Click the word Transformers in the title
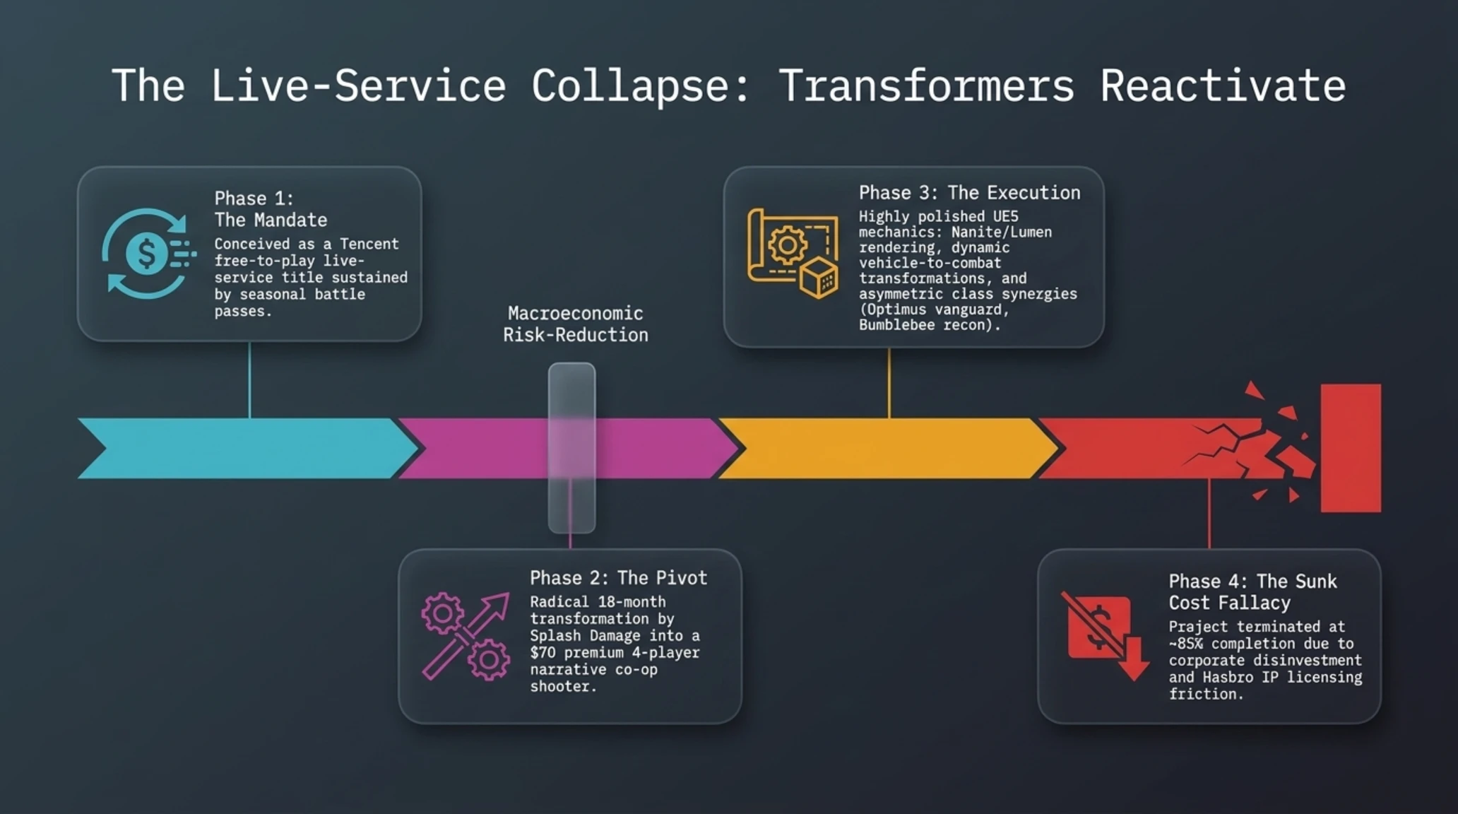926,86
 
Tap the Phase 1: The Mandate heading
271,209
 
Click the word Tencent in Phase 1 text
369,244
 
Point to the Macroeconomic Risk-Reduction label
575,324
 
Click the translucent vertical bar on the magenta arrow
571,448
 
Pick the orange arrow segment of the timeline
889,448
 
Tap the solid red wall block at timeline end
1351,448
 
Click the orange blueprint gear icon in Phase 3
793,253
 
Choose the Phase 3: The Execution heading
969,193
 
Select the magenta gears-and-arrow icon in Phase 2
466,636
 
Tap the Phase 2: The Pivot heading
618,578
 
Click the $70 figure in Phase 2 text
543,652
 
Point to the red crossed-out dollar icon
1105,635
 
